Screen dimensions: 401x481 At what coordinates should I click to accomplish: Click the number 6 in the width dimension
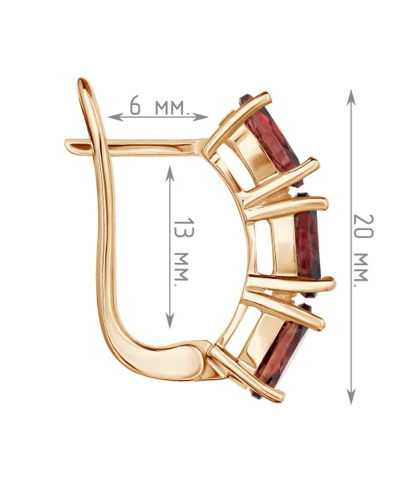pos(136,105)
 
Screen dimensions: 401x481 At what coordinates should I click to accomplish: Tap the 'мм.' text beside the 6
pos(171,107)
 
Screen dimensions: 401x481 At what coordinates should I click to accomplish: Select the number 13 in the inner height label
pos(184,228)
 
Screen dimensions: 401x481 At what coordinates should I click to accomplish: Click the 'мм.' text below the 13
pos(181,269)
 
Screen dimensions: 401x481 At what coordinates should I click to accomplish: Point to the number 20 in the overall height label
pos(363,226)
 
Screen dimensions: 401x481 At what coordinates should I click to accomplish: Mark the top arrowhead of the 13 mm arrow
pos(170,174)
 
